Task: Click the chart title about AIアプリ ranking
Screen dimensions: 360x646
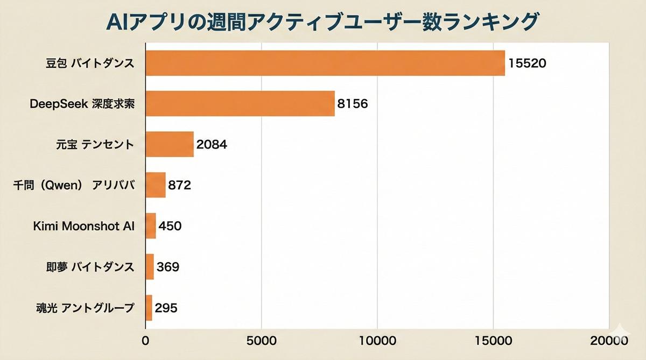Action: click(322, 21)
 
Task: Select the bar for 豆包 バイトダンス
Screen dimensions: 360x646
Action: click(325, 63)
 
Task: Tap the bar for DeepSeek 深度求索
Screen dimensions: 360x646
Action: click(240, 103)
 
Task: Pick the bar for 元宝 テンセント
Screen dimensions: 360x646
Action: click(170, 144)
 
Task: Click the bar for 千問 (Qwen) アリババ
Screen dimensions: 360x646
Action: click(156, 185)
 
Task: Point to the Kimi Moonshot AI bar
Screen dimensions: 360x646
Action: click(151, 226)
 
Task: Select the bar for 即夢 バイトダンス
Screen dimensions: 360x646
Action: click(150, 266)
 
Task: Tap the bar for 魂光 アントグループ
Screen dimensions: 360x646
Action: click(149, 308)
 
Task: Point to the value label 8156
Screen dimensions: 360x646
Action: click(353, 104)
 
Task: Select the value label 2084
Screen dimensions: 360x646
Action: click(212, 145)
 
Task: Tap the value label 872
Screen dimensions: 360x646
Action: click(180, 186)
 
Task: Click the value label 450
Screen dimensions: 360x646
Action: click(170, 226)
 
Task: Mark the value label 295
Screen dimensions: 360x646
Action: click(166, 308)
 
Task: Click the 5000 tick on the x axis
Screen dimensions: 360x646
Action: click(261, 341)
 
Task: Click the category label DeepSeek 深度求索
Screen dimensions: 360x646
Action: click(81, 104)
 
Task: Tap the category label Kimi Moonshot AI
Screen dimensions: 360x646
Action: click(83, 226)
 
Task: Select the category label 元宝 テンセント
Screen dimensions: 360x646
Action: click(95, 145)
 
